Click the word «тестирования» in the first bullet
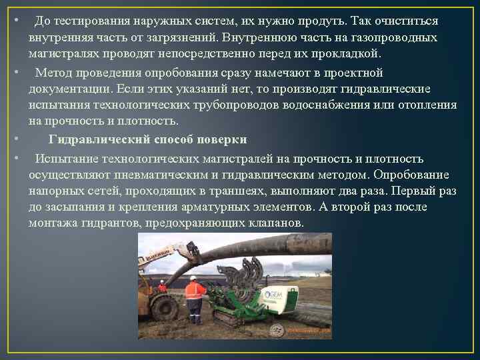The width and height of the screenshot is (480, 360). click(92, 21)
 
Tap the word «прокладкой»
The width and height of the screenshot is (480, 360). click(347, 53)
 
